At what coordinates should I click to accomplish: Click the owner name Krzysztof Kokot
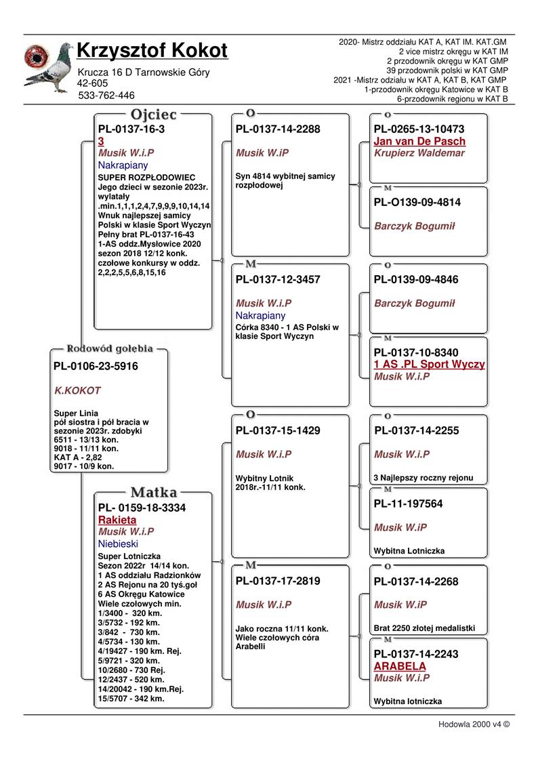pos(152,51)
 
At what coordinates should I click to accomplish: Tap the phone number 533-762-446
pos(106,96)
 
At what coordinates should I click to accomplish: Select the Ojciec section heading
pos(154,115)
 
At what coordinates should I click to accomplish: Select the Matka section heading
pos(154,492)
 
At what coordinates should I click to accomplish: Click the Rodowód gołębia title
pos(109,349)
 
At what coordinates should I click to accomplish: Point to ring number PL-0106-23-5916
pos(96,367)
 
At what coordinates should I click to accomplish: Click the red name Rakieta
pos(117,520)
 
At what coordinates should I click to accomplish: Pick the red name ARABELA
pos(400,666)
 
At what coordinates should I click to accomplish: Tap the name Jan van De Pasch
pos(419,142)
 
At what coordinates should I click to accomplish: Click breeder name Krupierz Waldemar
pos(419,153)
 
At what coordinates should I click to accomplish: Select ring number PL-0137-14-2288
pos(278,129)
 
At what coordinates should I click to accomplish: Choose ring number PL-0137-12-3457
pos(278,279)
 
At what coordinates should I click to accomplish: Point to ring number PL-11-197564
pos(408,504)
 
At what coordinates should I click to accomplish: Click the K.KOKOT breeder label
pos(77,391)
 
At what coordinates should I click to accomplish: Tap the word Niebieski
pos(118,543)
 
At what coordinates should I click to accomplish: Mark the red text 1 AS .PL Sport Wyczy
pos(429,365)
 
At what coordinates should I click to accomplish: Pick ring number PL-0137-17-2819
pos(278,581)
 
